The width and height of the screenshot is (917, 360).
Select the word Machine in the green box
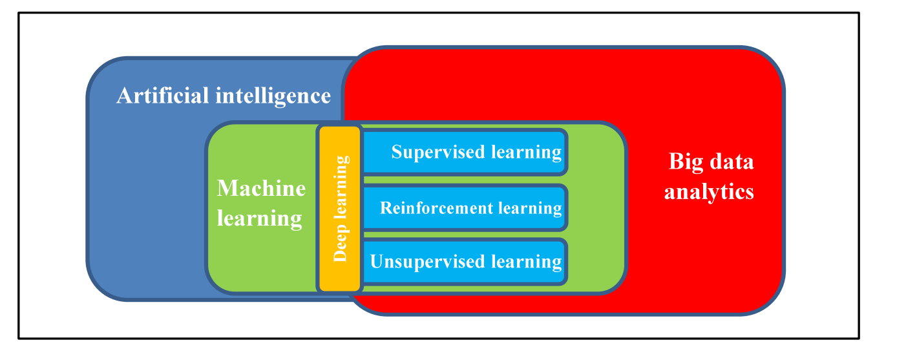coord(261,188)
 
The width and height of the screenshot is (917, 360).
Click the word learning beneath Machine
coord(259,218)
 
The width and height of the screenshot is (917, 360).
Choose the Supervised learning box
coord(465,152)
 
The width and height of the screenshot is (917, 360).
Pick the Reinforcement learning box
coord(465,208)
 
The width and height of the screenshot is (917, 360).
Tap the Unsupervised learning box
coord(465,262)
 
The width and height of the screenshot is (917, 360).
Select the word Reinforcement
coord(428,208)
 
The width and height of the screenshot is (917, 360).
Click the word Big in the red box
coord(686,161)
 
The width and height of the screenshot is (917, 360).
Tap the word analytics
coord(710,191)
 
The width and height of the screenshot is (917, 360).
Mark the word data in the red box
coord(730,161)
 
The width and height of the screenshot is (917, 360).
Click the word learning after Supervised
coord(525,152)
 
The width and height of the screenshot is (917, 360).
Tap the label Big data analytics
coord(710,176)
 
